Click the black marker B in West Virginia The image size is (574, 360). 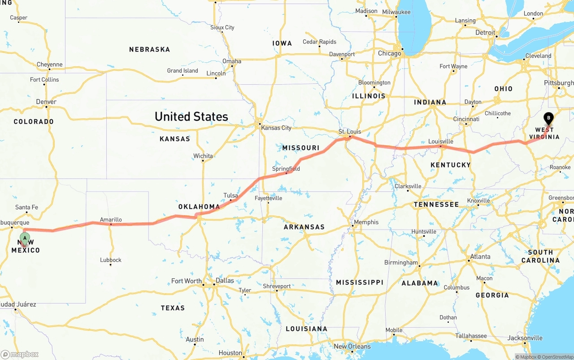pos(548,118)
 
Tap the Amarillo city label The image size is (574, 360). pos(111,220)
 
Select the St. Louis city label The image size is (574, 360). pos(349,131)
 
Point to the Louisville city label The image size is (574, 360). pos(441,141)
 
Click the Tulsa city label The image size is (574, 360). pos(230,195)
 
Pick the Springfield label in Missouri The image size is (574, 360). pos(286,169)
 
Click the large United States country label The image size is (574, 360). pos(191,117)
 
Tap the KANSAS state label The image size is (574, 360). pos(175,139)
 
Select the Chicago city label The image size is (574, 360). pos(389,53)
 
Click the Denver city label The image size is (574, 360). pos(46,102)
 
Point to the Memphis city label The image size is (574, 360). pos(366,222)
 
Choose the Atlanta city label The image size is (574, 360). pos(479,257)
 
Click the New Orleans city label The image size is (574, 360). pos(352,346)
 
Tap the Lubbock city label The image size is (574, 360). pos(110,260)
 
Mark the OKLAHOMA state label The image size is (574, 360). pos(199,207)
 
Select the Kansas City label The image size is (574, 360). pos(276,128)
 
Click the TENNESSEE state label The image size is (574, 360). pos(436,204)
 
